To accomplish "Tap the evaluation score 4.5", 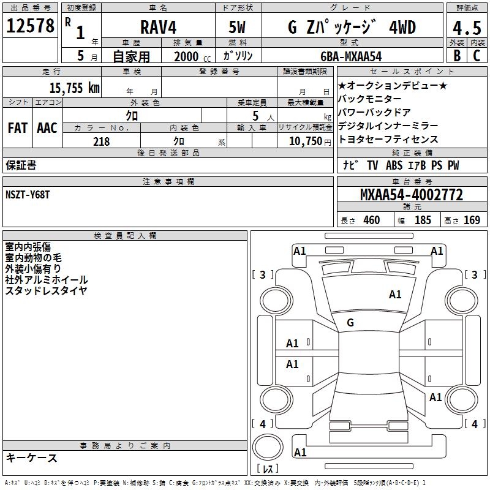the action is point(466,27).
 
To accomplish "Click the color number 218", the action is point(101,141).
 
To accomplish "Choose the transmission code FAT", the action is point(18,128).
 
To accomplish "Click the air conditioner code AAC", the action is point(47,128).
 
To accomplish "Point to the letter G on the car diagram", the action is point(350,323).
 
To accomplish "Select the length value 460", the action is point(371,221).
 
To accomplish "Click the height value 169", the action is point(472,221).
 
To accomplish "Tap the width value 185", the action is point(423,221).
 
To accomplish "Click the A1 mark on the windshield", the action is point(395,295).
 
